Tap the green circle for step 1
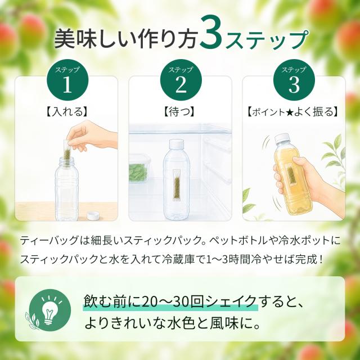coord(67,80)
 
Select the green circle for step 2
coord(181,80)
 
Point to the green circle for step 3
coord(294,80)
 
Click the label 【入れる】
coord(67,112)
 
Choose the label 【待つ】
coord(179,112)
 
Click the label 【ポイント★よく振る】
coord(292,112)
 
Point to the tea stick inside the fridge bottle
coord(176,185)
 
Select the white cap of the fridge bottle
coord(177,143)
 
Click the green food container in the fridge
coord(138,169)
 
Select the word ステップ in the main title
coord(266,39)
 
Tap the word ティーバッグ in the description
coord(49,240)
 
